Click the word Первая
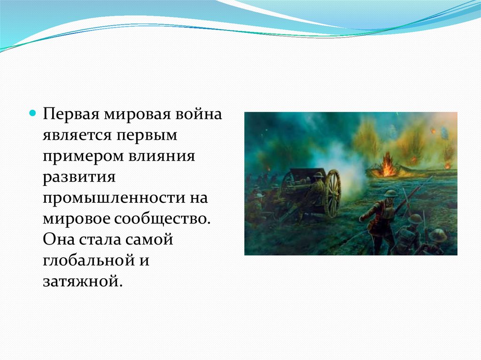tap(71, 114)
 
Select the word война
tap(199, 114)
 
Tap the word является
tap(77, 135)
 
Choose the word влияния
tap(162, 156)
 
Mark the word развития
tap(79, 177)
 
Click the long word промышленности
tap(114, 198)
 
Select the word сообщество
tap(163, 219)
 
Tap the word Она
tap(59, 239)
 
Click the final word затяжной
tap(83, 281)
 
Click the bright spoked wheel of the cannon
tap(333, 194)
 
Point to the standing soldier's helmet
tap(391, 194)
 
